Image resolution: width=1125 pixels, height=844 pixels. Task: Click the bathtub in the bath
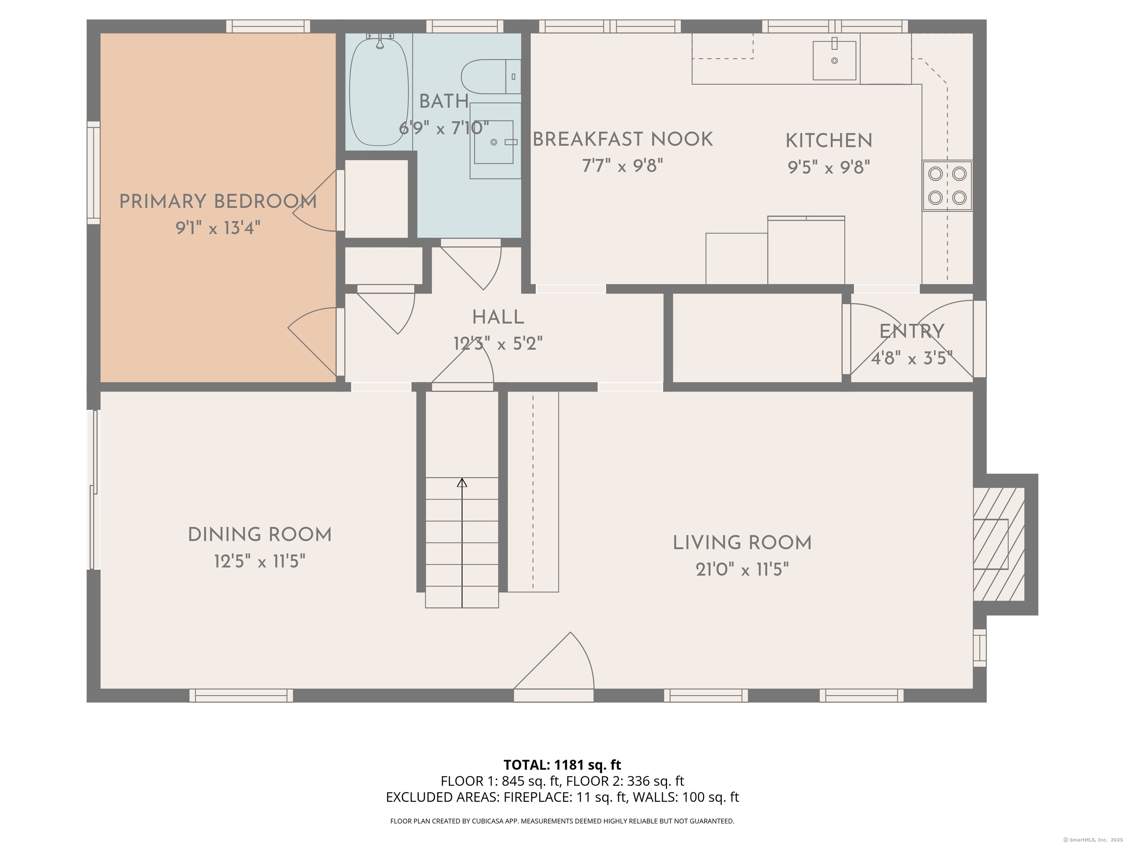pyautogui.click(x=379, y=92)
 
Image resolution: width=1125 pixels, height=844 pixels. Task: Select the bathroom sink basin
pyautogui.click(x=493, y=142)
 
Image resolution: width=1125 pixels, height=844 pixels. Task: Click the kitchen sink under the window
pyautogui.click(x=834, y=60)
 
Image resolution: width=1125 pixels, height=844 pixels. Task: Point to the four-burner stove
pyautogui.click(x=947, y=186)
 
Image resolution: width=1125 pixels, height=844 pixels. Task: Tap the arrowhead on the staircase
pyautogui.click(x=462, y=483)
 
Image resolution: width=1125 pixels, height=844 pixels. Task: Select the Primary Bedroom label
pyautogui.click(x=218, y=201)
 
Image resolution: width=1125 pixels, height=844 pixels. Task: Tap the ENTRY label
pyautogui.click(x=911, y=332)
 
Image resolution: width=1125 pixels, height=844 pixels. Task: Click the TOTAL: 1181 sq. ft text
pyautogui.click(x=562, y=765)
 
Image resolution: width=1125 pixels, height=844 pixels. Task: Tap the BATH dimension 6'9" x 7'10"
pyautogui.click(x=443, y=128)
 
